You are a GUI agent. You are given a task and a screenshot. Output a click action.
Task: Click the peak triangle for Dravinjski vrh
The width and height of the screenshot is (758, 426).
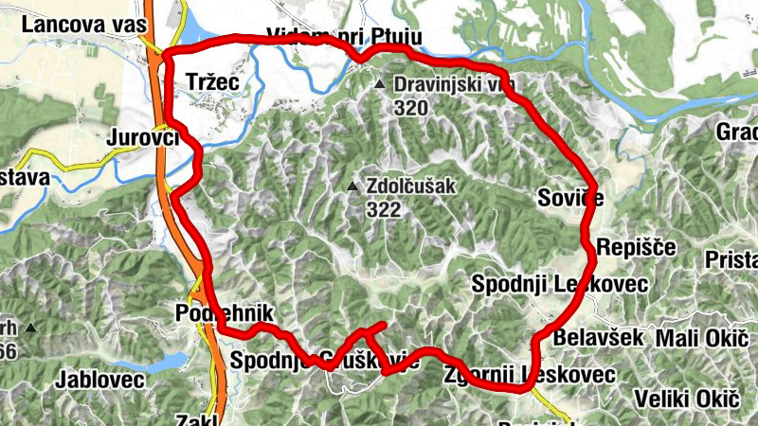click(380, 86)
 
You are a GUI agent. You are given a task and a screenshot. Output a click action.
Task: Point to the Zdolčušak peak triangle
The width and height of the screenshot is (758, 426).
click(352, 186)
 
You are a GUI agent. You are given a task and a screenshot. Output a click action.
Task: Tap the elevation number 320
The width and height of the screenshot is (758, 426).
click(411, 108)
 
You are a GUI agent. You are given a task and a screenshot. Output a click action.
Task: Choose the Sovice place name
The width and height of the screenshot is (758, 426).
click(568, 197)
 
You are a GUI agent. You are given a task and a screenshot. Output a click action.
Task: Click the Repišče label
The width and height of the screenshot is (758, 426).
click(636, 248)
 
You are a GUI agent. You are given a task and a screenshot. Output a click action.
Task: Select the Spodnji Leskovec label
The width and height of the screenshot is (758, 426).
click(560, 283)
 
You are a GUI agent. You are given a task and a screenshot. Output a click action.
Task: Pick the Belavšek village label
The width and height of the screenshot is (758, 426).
click(598, 337)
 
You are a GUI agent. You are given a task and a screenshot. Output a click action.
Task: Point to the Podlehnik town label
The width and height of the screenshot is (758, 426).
click(225, 313)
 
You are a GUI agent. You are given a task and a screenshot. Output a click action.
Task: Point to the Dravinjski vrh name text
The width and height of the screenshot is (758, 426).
click(455, 86)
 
